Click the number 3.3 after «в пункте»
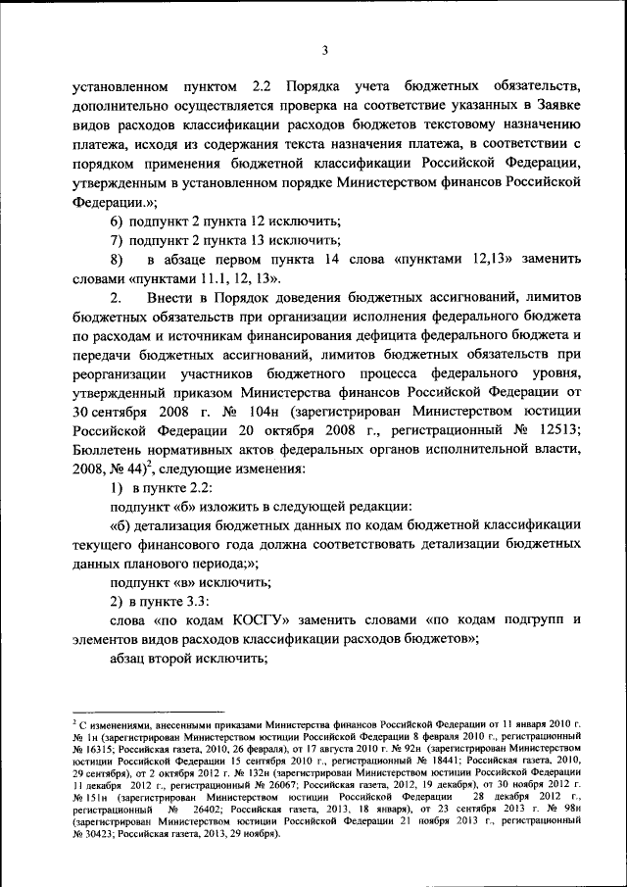(x=195, y=600)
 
